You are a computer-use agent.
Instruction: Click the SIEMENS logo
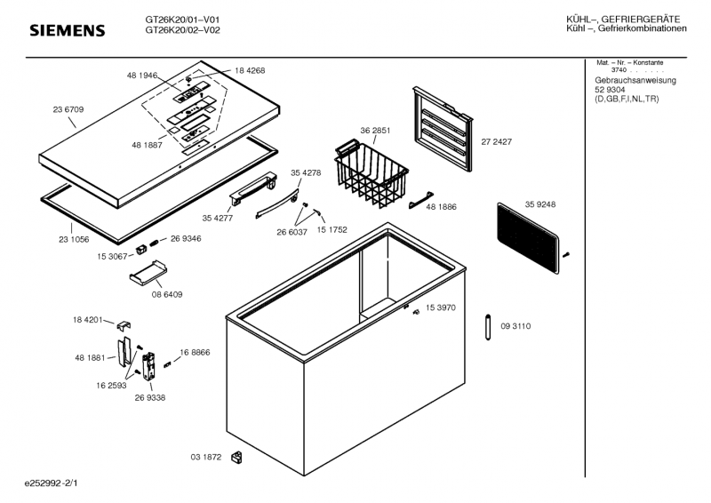tap(68, 31)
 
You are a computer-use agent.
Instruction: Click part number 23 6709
tap(68, 109)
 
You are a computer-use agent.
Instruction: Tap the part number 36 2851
tap(375, 131)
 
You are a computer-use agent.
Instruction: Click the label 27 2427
tap(496, 141)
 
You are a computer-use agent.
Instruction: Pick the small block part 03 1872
tap(236, 458)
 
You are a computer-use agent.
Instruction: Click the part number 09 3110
tap(515, 327)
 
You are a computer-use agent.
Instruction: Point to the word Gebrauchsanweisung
tap(635, 81)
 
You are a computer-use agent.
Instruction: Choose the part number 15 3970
tap(440, 307)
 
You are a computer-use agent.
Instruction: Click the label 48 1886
tap(441, 207)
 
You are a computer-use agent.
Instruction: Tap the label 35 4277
tap(217, 217)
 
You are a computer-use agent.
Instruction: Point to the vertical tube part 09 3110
tap(489, 326)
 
